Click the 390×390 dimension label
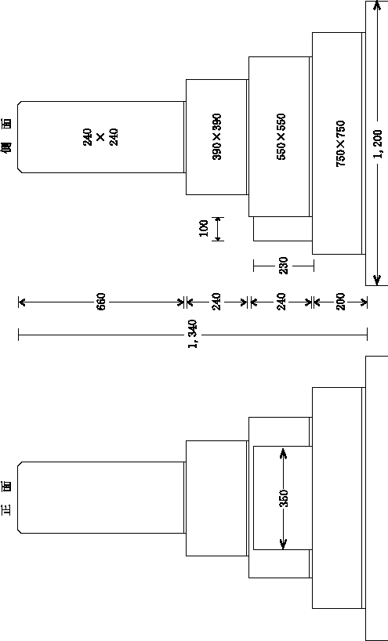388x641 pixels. tap(217, 136)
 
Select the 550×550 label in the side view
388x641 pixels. tap(281, 136)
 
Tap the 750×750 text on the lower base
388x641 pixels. tap(340, 143)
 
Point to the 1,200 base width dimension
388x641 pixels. tap(378, 143)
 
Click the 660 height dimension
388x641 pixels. tap(101, 302)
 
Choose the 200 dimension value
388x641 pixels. tap(340, 302)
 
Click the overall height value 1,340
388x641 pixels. tap(194, 334)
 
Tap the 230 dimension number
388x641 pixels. tap(284, 266)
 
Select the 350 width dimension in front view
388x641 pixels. tap(284, 498)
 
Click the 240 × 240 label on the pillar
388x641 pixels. tap(101, 137)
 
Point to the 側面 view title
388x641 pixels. tap(7, 136)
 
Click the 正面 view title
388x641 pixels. tap(7, 498)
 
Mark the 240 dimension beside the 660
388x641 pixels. tap(217, 302)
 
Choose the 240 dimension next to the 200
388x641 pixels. tap(281, 302)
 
